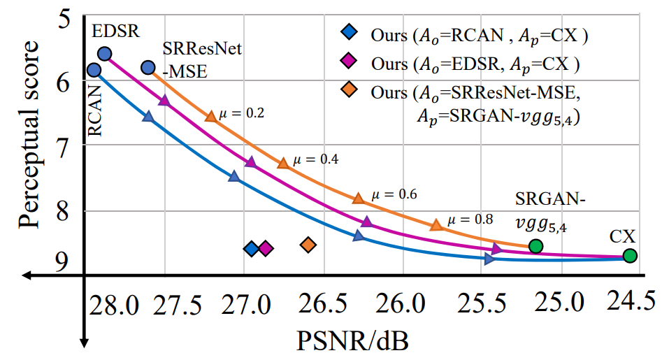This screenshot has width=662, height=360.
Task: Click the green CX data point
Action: point(630,256)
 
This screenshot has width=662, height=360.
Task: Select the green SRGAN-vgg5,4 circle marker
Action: point(535,245)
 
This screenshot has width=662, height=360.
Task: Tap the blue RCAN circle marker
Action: point(94,70)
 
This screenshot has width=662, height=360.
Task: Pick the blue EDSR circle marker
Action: point(105,54)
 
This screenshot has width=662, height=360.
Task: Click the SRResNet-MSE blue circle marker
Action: point(147,67)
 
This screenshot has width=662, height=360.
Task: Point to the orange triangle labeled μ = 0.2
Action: point(210,116)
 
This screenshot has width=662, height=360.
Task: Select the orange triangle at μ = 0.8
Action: point(436,224)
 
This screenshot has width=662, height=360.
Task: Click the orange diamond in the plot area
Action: point(308,244)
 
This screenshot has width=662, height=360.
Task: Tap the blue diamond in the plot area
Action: point(251,248)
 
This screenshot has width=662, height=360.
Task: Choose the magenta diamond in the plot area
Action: point(266,248)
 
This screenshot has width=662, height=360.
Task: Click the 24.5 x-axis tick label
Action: point(631,301)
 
